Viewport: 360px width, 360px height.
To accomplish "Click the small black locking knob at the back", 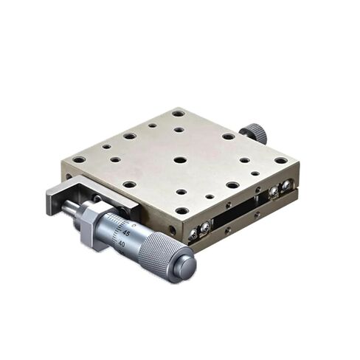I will (x=255, y=133).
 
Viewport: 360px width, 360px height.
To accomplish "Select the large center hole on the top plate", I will (x=180, y=159).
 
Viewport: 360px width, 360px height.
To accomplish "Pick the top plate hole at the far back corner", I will (x=179, y=114).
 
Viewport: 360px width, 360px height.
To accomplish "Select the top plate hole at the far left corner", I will (x=78, y=159).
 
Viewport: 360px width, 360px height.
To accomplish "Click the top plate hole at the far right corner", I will (x=280, y=160).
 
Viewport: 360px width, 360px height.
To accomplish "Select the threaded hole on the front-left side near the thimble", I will (x=171, y=229).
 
